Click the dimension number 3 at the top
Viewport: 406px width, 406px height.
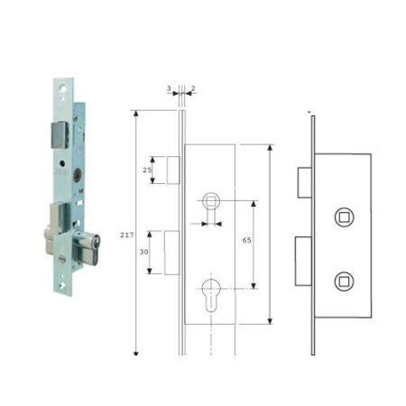[x=168, y=90]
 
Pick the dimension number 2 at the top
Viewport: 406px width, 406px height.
[x=193, y=90]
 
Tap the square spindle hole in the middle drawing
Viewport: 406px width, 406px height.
[x=211, y=199]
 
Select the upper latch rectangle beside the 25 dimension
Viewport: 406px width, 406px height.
[x=173, y=171]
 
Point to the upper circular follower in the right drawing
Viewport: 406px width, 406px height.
[x=343, y=217]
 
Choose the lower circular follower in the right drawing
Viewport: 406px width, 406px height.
[x=343, y=280]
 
